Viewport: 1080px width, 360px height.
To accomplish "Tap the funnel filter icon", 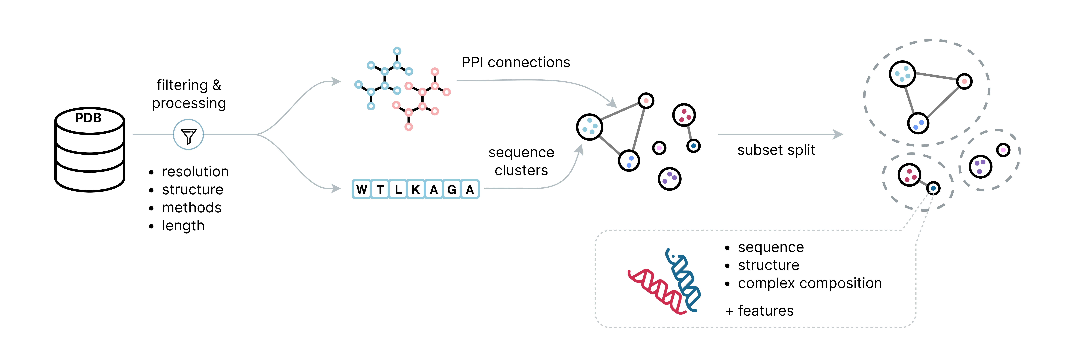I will coord(188,135).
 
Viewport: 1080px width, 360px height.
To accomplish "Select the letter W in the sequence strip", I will coord(361,189).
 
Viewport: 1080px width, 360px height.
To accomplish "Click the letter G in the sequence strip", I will coord(452,189).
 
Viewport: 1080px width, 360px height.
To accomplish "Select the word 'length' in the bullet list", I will coord(183,226).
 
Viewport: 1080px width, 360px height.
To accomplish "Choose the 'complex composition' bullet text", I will coord(810,283).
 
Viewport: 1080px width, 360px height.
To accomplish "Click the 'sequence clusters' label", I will coord(521,161).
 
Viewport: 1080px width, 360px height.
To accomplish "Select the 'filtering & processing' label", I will coord(189,94).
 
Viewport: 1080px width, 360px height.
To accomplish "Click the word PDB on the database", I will coord(88,118).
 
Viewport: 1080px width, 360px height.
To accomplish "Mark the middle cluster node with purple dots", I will coord(670,179).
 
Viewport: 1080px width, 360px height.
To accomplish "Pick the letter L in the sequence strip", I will coord(398,189).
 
